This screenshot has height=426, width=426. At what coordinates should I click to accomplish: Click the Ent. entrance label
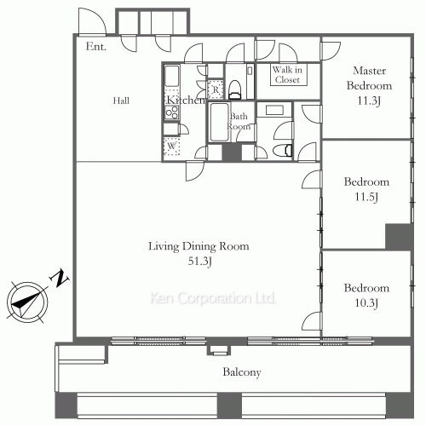tap(96, 47)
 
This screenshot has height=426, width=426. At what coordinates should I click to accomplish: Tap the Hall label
tap(121, 101)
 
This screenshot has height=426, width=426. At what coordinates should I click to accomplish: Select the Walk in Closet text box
tap(289, 75)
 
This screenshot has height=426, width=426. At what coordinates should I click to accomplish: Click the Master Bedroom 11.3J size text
tap(369, 101)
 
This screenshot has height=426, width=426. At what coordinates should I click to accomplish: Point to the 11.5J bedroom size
tap(366, 197)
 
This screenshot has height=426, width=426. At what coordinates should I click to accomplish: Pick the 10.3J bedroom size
tap(366, 303)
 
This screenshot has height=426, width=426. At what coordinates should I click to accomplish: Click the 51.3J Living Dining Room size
tap(200, 262)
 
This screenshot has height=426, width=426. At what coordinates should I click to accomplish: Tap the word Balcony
tap(242, 372)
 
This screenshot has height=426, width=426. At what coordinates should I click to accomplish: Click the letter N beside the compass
tap(59, 279)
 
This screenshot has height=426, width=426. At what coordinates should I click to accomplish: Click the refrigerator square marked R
tap(216, 89)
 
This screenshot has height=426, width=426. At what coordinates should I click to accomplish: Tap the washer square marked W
tap(171, 147)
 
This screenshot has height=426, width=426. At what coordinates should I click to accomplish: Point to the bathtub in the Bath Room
tap(219, 122)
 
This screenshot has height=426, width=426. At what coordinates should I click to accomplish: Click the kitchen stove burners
tap(172, 112)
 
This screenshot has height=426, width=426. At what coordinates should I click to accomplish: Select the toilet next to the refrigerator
tap(235, 89)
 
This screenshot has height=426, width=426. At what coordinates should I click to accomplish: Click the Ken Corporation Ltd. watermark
tap(212, 298)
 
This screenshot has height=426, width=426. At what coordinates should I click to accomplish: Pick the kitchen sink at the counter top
tap(172, 76)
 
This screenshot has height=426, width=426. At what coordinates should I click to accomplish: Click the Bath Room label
tap(239, 121)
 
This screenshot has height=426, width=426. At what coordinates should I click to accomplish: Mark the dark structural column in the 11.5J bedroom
tap(398, 236)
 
